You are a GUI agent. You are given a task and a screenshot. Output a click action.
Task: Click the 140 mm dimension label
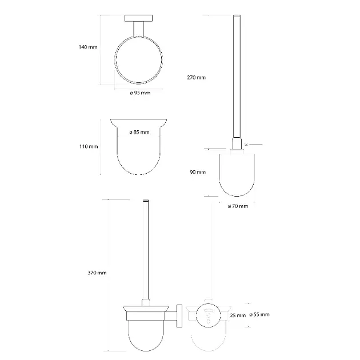(x=88, y=47)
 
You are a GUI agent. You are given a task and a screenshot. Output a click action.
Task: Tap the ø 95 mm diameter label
(x=140, y=93)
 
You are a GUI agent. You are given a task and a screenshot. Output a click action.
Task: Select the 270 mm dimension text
(x=197, y=77)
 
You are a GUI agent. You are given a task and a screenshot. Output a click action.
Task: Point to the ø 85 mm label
(x=139, y=132)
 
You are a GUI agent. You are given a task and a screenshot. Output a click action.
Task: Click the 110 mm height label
(x=89, y=146)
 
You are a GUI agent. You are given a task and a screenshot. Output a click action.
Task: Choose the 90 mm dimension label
(x=198, y=172)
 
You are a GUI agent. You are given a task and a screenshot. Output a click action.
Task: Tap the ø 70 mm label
(x=238, y=206)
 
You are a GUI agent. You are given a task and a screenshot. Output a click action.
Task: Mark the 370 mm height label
(x=97, y=273)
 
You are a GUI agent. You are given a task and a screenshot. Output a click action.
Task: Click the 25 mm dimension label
(x=238, y=315)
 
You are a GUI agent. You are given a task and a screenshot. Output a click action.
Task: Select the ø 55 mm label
(x=259, y=314)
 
